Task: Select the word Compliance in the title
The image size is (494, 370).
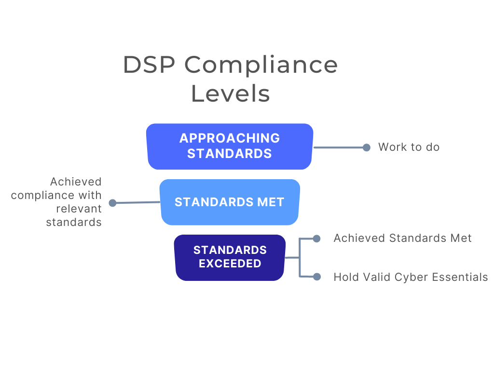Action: point(261,65)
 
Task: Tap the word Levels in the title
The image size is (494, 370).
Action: point(230,93)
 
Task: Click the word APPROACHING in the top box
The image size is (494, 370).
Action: point(230,138)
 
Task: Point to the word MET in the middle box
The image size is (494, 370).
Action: point(271,202)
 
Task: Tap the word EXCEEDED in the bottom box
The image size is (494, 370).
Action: point(230,264)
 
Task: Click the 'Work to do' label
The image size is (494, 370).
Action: point(409,147)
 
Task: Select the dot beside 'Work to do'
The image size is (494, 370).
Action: point(367,147)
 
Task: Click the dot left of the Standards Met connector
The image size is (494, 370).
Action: point(112,203)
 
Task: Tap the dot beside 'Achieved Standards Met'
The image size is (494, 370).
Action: point(316,238)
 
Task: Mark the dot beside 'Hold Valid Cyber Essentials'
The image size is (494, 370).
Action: point(316,277)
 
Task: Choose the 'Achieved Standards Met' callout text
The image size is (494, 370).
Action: point(402,238)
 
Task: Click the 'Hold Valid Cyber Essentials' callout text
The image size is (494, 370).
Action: point(411,277)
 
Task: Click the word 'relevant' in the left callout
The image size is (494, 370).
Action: point(79,209)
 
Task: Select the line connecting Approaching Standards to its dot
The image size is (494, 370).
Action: point(338,147)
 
